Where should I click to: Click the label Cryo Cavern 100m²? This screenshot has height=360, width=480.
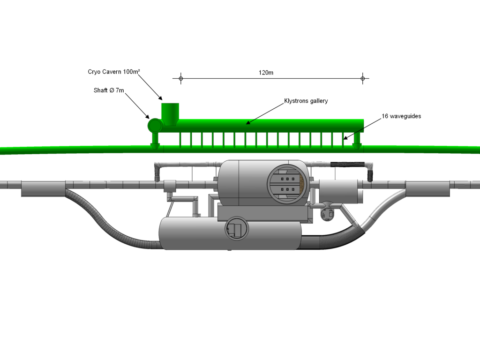[x=114, y=72]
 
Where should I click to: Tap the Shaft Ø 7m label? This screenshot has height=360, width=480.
[x=109, y=90]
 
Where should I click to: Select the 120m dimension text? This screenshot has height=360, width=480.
[x=266, y=73]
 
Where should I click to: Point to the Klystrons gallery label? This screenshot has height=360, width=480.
[x=306, y=101]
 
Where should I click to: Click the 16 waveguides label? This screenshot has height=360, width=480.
[x=401, y=116]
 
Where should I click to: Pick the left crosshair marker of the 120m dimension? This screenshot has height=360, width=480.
[x=180, y=78]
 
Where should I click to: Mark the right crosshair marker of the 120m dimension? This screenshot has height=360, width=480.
[x=362, y=78]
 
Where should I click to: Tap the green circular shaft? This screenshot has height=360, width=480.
[x=155, y=125]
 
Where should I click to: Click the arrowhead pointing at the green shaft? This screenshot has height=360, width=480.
[x=147, y=117]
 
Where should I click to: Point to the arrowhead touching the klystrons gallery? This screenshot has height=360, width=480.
[x=248, y=123]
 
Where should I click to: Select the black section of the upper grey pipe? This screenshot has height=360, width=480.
[x=349, y=165]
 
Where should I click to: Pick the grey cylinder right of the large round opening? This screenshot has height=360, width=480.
[x=338, y=191]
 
